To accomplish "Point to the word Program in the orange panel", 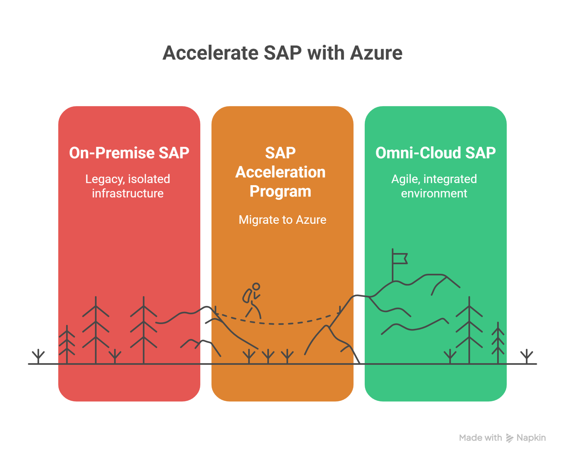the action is pos(280,192).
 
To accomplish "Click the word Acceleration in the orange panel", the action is pos(280,172).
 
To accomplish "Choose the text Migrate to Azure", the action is pos(282,220).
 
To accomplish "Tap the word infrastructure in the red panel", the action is pos(128,193).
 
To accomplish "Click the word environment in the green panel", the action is pos(434,193).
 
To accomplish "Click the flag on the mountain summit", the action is pos(400,259).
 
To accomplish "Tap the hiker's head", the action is pos(256,286).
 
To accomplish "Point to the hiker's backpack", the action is pos(247,296).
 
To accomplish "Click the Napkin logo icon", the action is pos(509,438).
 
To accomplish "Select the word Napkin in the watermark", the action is pos(531,438).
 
